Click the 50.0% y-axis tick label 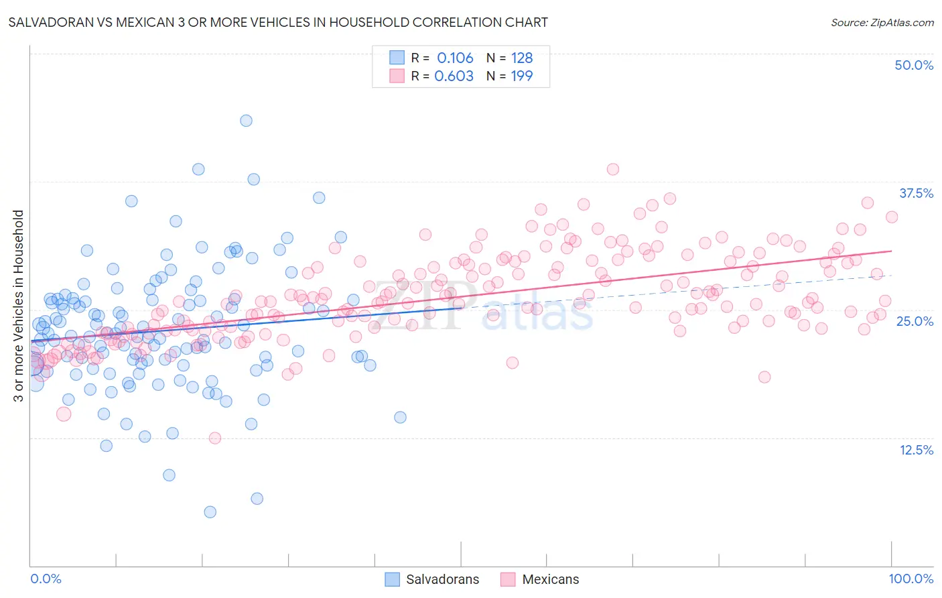click(914, 65)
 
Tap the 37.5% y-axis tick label click(916, 193)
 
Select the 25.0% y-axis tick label click(915, 321)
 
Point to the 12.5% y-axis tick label click(916, 450)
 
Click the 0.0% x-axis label click(46, 579)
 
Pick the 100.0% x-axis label click(911, 579)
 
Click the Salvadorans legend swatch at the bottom click(392, 579)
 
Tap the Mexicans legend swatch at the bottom click(508, 579)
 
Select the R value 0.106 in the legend click(455, 58)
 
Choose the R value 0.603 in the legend click(454, 76)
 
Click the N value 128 click(522, 58)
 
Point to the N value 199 click(522, 76)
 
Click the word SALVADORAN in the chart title click(44, 22)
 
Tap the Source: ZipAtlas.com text click(882, 22)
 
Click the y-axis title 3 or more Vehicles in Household click(19, 306)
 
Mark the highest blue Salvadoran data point click(246, 121)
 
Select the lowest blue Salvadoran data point click(210, 512)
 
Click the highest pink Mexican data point click(612, 169)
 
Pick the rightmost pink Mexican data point click(892, 217)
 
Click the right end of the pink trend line click(892, 251)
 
